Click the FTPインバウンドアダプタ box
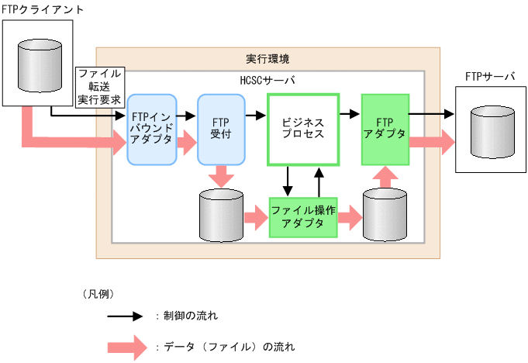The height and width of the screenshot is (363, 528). [153, 130]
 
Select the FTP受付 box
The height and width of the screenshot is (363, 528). [221, 130]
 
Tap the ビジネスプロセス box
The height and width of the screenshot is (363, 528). [303, 130]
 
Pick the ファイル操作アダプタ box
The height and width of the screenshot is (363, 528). [303, 218]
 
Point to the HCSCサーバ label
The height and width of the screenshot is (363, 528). [267, 80]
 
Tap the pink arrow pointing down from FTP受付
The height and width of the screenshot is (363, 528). [221, 176]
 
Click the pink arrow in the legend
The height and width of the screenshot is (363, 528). [125, 346]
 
